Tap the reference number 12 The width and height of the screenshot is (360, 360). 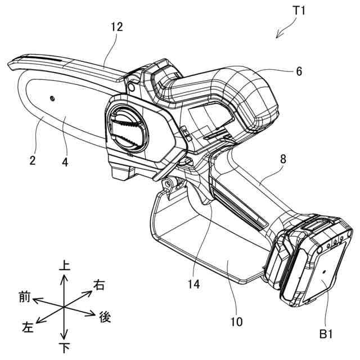click(x=117, y=27)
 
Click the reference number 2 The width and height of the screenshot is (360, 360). click(x=33, y=160)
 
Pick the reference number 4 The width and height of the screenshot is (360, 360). click(x=65, y=160)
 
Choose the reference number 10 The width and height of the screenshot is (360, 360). click(x=237, y=322)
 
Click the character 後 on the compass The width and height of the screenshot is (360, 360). click(x=105, y=317)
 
